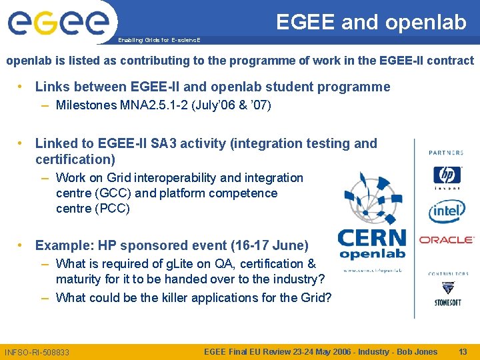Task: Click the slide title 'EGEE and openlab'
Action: click(371, 22)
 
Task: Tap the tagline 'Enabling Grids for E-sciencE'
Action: click(159, 40)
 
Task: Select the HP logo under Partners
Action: click(447, 177)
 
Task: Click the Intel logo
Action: click(447, 211)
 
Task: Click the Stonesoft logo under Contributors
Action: click(447, 293)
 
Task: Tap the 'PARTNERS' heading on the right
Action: click(447, 153)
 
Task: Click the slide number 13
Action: click(463, 351)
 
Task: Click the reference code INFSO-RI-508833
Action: click(37, 352)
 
